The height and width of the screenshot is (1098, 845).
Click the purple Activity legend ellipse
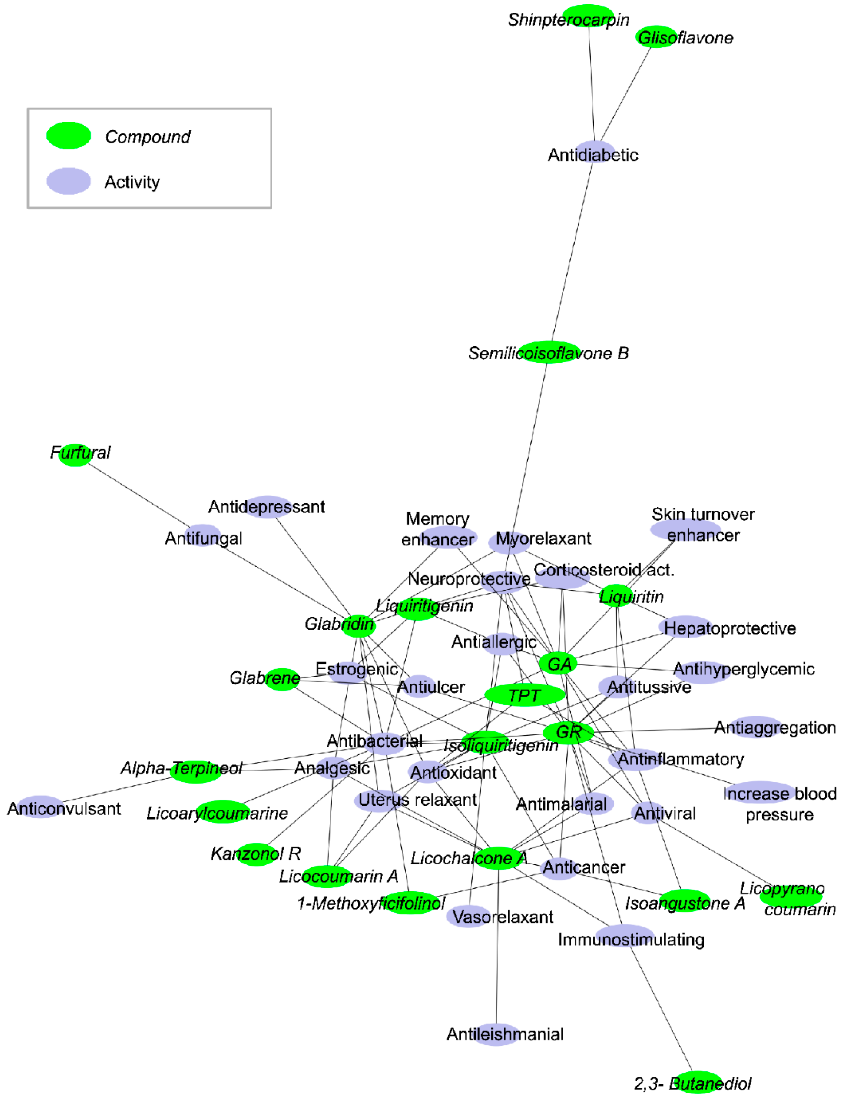click(68, 181)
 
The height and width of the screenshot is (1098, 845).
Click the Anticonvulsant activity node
click(39, 807)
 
